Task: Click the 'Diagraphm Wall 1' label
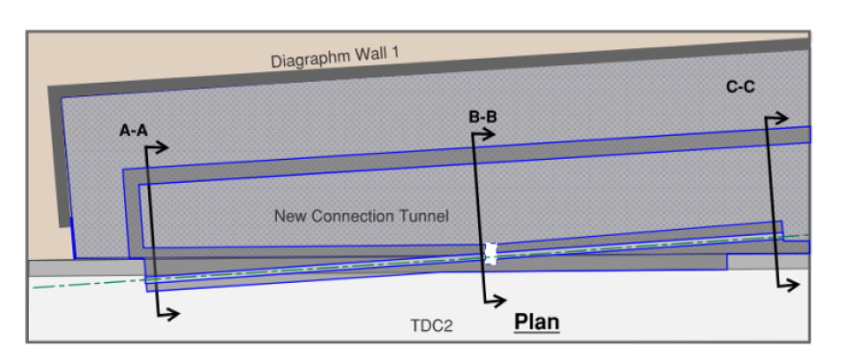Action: [334, 58]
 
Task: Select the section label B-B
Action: [483, 117]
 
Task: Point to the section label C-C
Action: [740, 88]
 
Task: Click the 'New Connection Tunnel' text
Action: [361, 216]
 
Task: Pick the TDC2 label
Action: [431, 326]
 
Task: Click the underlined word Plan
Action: [537, 321]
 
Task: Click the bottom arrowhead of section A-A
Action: [174, 313]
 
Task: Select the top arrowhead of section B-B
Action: [491, 134]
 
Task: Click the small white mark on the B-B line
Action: [490, 253]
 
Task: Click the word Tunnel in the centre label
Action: [424, 216]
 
